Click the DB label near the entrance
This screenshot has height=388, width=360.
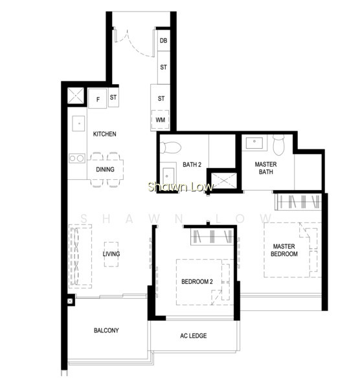[163, 41]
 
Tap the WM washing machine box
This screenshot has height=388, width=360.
[161, 120]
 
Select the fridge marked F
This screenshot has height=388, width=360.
[98, 98]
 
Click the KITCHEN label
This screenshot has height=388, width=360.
[104, 134]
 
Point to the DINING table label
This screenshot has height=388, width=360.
[105, 169]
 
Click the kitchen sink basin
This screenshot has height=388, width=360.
[78, 124]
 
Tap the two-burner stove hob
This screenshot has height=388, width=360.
[77, 158]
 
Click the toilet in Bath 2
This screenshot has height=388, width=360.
[170, 147]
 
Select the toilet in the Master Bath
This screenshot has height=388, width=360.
[278, 144]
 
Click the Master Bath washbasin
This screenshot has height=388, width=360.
[254, 143]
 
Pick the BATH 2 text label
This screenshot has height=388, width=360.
[192, 164]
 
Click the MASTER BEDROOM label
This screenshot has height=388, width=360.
[284, 250]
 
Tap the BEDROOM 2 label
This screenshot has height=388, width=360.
[197, 281]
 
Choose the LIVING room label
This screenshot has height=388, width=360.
[111, 254]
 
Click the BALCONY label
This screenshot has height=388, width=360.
[106, 330]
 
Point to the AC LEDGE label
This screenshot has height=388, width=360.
[193, 336]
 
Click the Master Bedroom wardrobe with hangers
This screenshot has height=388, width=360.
[298, 202]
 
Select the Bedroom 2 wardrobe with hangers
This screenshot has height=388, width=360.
[212, 236]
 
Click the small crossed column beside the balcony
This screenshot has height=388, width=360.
[70, 301]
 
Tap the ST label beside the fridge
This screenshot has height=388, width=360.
[113, 98]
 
